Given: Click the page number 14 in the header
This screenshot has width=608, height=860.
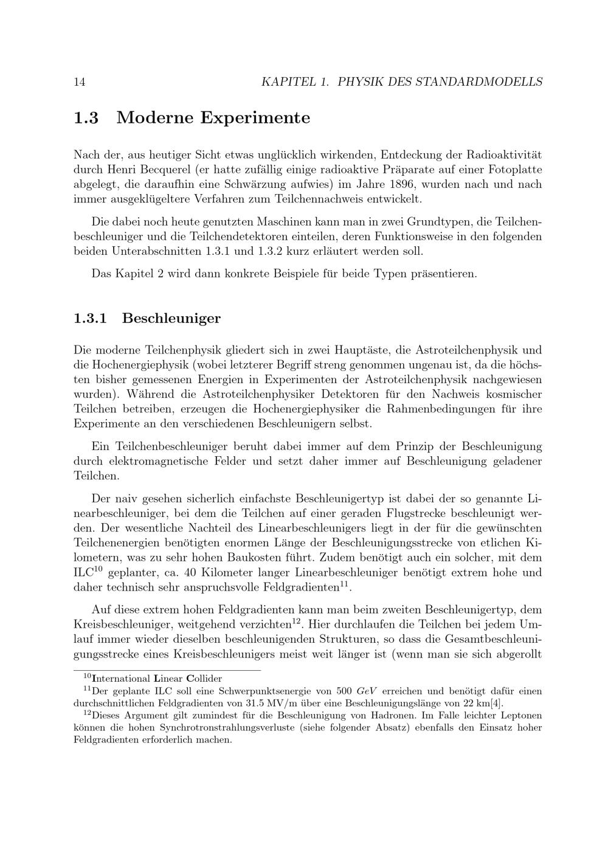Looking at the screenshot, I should click(x=79, y=81).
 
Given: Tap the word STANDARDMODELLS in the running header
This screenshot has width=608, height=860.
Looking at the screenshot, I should click(x=478, y=81).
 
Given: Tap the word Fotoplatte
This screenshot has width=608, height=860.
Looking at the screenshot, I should click(x=514, y=169).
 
